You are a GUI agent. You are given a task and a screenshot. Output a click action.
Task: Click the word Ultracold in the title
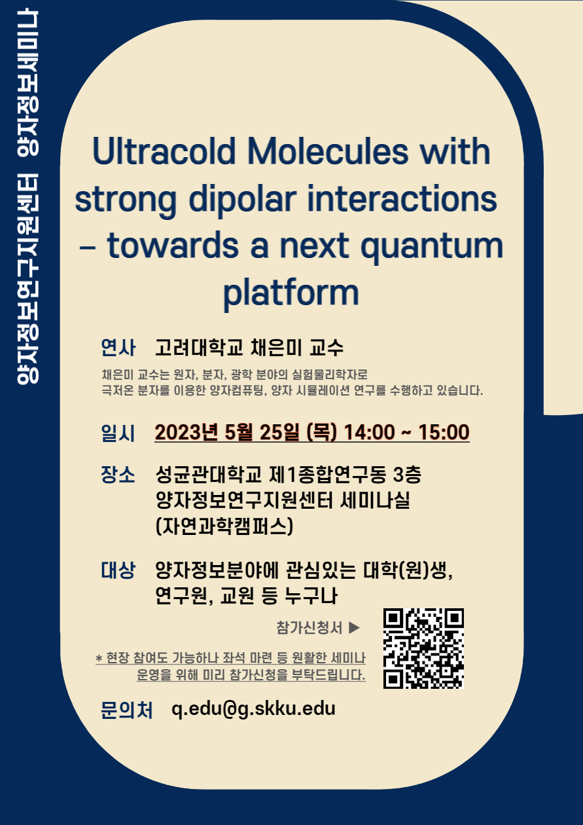coord(164,151)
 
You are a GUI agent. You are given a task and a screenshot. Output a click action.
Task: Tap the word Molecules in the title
coord(328,151)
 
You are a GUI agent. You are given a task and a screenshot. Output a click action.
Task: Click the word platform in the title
coord(291,293)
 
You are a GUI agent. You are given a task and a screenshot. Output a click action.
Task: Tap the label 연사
coord(118,347)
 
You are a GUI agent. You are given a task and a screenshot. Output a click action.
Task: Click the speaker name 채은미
coord(275,347)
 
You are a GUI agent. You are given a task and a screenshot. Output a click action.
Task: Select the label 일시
coord(118,433)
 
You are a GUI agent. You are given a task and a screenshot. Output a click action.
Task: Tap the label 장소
coord(118,475)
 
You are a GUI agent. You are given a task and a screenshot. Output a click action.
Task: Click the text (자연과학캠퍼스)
coord(224,526)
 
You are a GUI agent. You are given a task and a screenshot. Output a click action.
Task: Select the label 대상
coord(118,570)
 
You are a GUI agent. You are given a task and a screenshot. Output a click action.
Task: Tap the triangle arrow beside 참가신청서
coord(354,627)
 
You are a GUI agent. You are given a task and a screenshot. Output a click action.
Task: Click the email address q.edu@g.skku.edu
coord(254,708)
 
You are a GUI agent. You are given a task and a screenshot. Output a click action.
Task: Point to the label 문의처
coord(127,710)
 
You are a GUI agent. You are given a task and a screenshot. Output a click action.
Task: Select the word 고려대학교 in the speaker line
coord(199,347)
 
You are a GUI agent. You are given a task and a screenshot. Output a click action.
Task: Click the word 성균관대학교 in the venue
coord(209,474)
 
